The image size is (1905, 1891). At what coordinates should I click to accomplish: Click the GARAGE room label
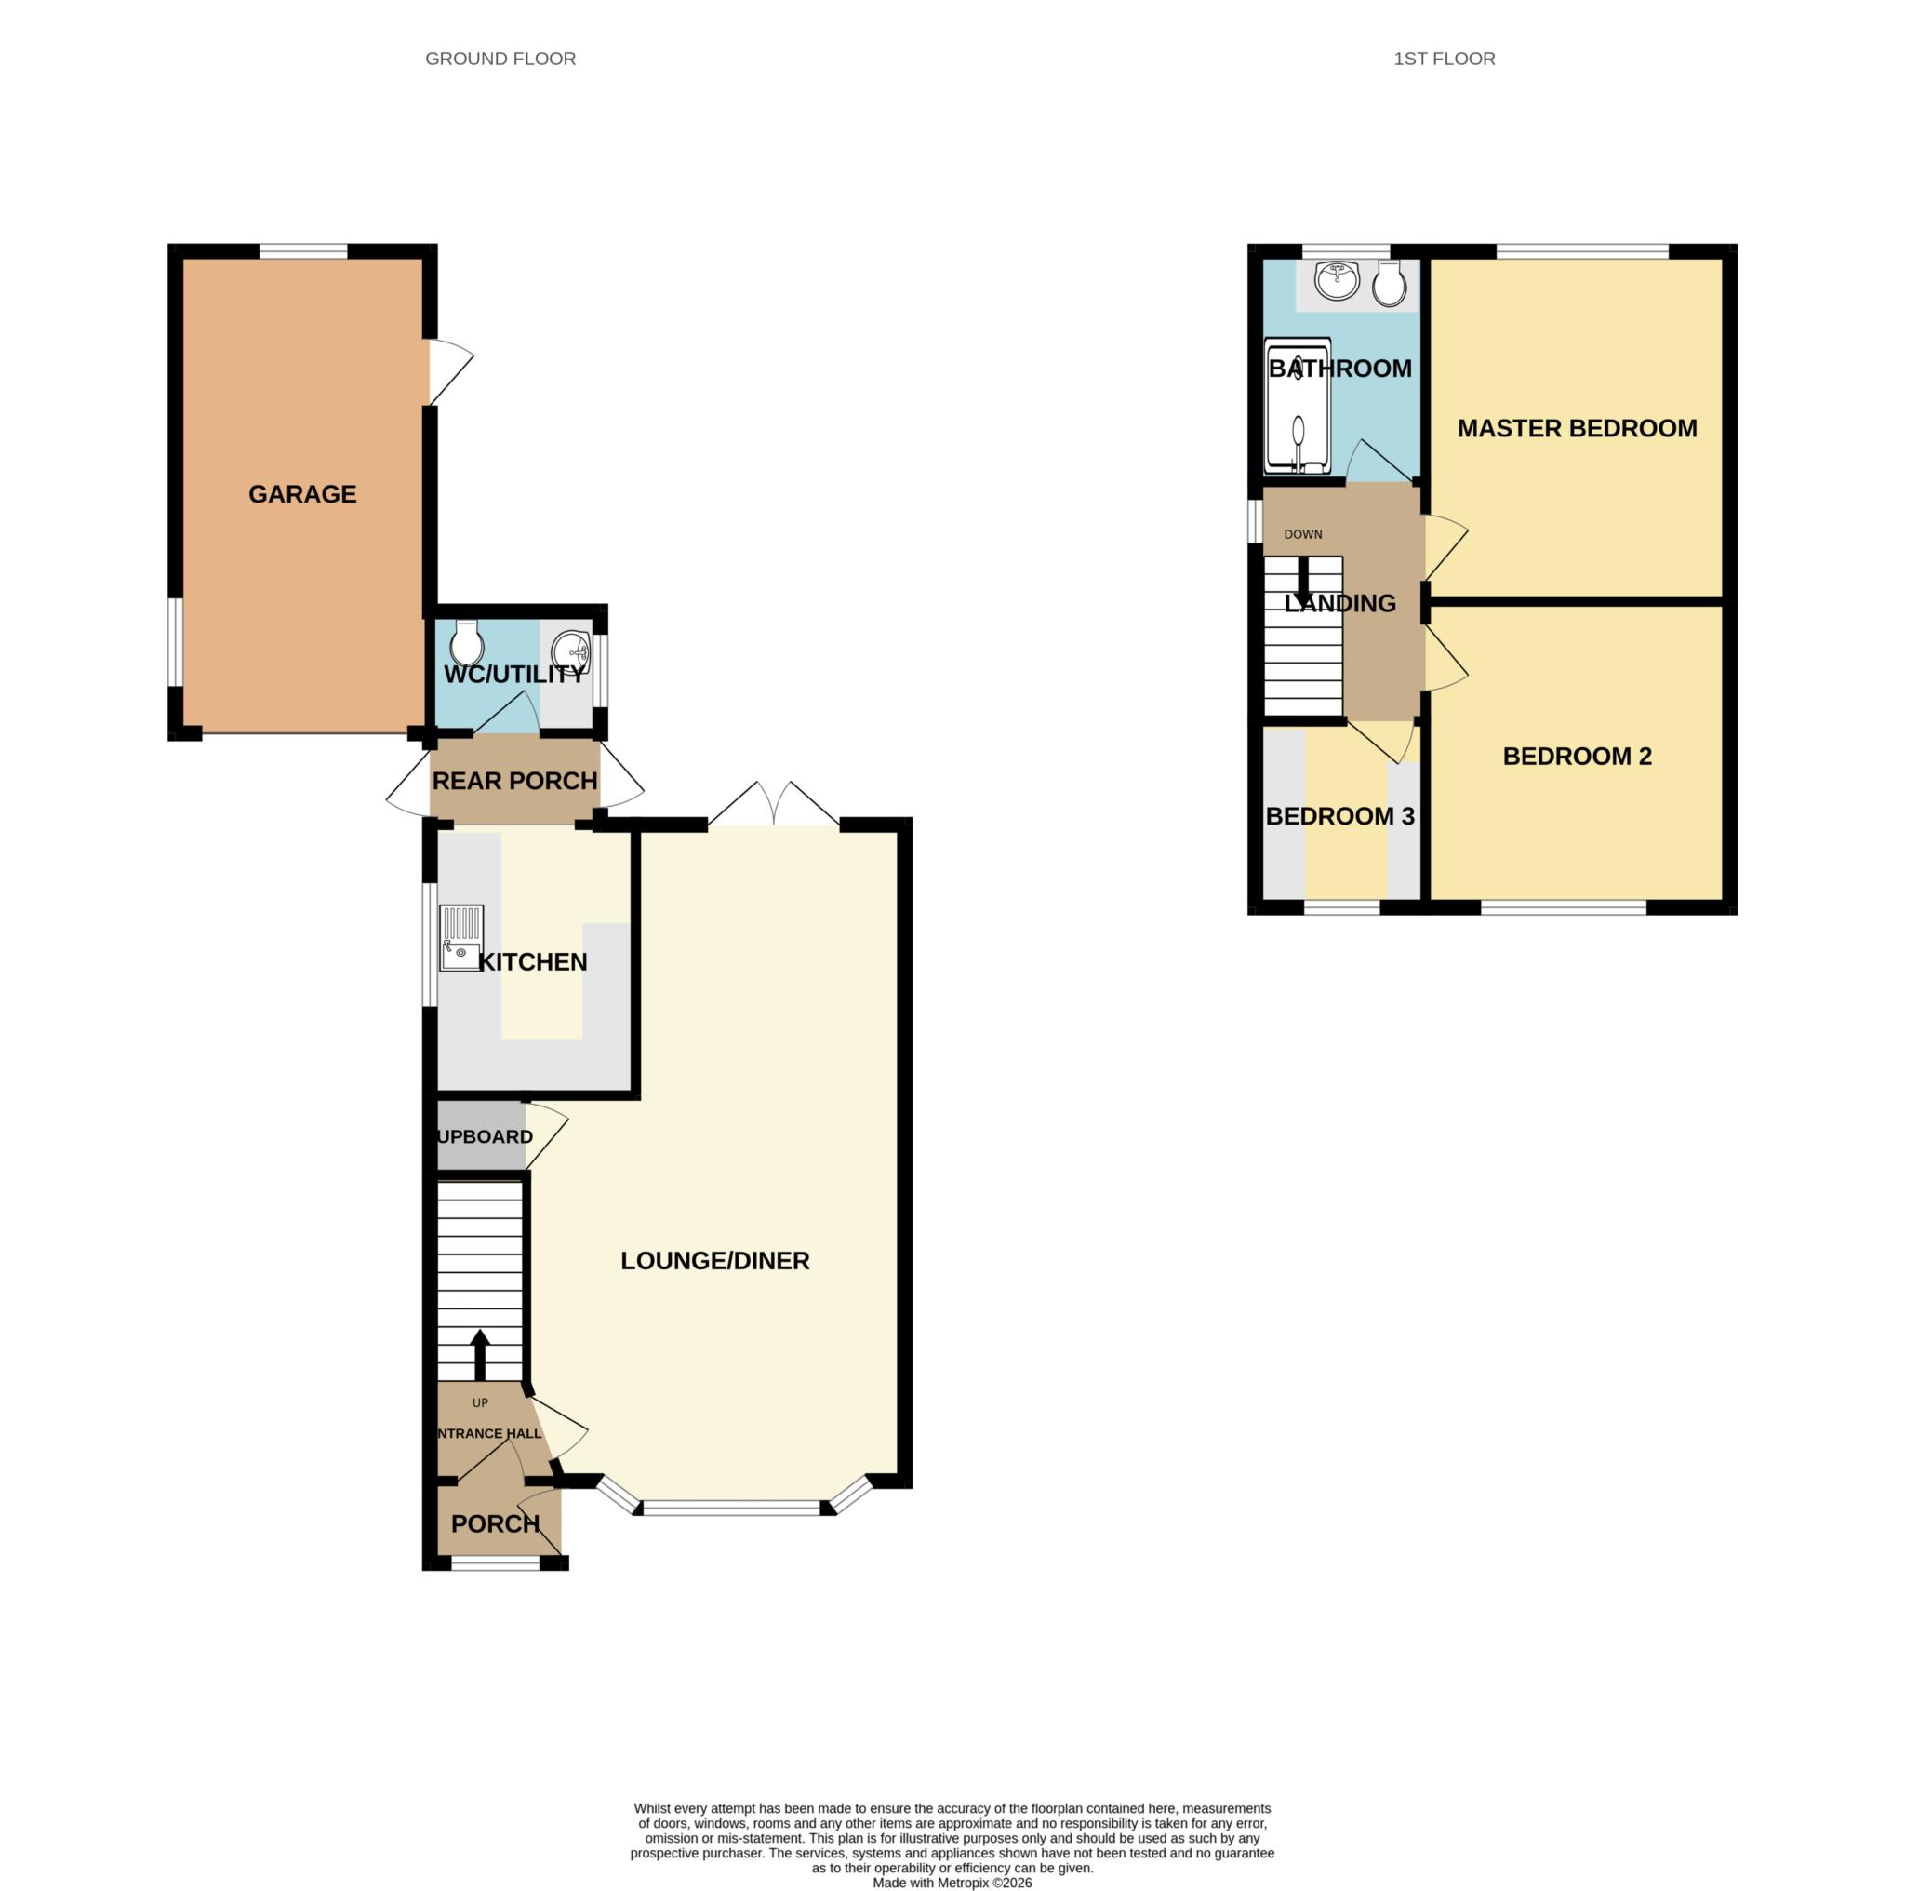pos(301,494)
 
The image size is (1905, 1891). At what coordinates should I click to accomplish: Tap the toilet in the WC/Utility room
pos(465,644)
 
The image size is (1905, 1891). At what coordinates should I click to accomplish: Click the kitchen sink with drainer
pos(461,938)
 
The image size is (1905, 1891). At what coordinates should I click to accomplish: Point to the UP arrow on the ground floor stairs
pos(480,1355)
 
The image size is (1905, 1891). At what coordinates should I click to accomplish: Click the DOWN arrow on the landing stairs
pos(1302,575)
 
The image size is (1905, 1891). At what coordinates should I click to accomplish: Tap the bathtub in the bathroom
pos(1298,408)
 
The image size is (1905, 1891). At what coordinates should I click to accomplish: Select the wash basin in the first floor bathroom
pos(1337,281)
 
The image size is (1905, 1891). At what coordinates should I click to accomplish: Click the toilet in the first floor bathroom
pos(1390,284)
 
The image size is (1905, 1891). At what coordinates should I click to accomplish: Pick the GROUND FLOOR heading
pos(500,60)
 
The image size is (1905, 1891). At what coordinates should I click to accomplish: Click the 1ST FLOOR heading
pos(1444,60)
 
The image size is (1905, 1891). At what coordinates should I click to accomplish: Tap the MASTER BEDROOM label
pos(1577,428)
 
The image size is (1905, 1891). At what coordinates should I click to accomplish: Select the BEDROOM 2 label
pos(1577,757)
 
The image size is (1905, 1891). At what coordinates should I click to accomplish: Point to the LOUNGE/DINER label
pos(715,1261)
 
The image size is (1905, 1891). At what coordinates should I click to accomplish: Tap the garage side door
pos(449,372)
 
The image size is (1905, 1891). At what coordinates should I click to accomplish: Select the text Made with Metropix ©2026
pos(952,1882)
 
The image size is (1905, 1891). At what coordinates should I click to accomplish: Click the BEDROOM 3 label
pos(1339,817)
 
